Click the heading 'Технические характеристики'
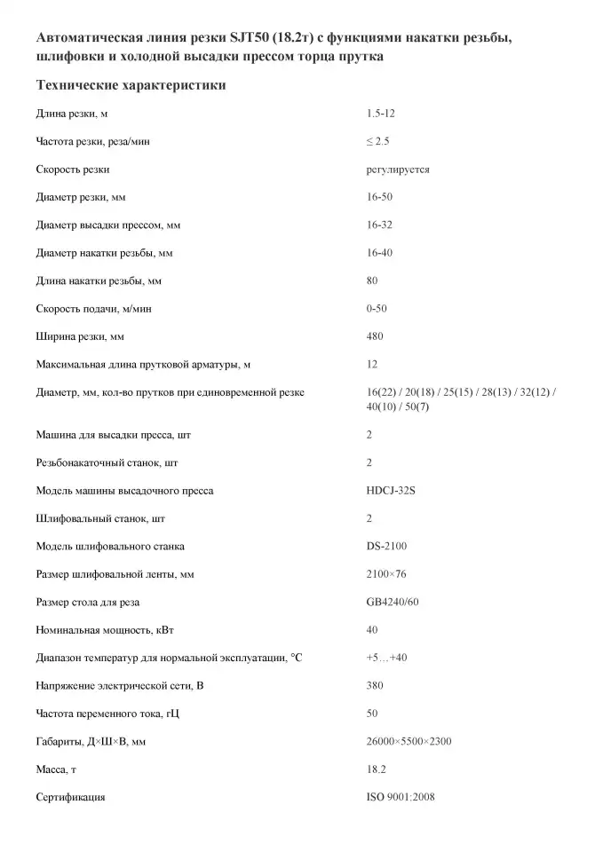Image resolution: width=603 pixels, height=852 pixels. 131,85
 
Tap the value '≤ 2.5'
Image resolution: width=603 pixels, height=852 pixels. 378,141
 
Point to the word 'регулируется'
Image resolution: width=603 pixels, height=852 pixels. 397,169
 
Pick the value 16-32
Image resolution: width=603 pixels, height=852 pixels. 379,225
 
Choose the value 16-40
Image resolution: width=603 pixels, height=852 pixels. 379,253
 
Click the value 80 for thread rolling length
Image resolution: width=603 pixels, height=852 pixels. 372,280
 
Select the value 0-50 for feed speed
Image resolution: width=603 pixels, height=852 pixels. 377,308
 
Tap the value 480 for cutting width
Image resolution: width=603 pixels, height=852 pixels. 375,336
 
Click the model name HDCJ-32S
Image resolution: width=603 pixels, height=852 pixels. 391,490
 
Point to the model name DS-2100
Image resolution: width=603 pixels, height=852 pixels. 386,546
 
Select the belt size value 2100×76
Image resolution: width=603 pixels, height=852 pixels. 386,574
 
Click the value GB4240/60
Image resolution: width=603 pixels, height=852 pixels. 393,602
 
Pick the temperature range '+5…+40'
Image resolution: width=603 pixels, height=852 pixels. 386,658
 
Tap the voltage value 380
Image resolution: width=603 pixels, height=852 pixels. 375,685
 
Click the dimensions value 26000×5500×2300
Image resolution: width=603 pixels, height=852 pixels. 409,741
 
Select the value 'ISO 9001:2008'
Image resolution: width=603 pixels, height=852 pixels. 401,797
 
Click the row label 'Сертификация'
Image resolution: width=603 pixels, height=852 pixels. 70,797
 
